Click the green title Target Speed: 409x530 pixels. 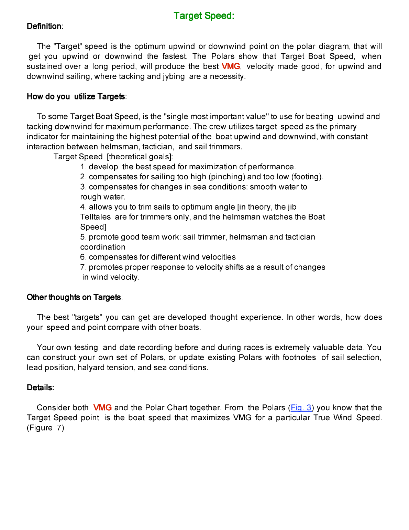click(204, 16)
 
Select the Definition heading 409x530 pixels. click(44, 26)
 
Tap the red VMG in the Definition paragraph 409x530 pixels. click(231, 66)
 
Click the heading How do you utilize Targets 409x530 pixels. click(76, 97)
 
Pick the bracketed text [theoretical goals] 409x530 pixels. click(139, 157)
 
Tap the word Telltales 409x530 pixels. click(96, 217)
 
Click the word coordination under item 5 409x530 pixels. click(103, 247)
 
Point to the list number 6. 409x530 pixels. click(83, 257)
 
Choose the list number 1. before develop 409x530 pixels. click(83, 167)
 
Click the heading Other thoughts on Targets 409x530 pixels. click(74, 297)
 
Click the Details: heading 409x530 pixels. click(41, 388)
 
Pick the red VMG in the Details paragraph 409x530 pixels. click(102, 408)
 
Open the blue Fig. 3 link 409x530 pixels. click(301, 408)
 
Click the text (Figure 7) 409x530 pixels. click(45, 428)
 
